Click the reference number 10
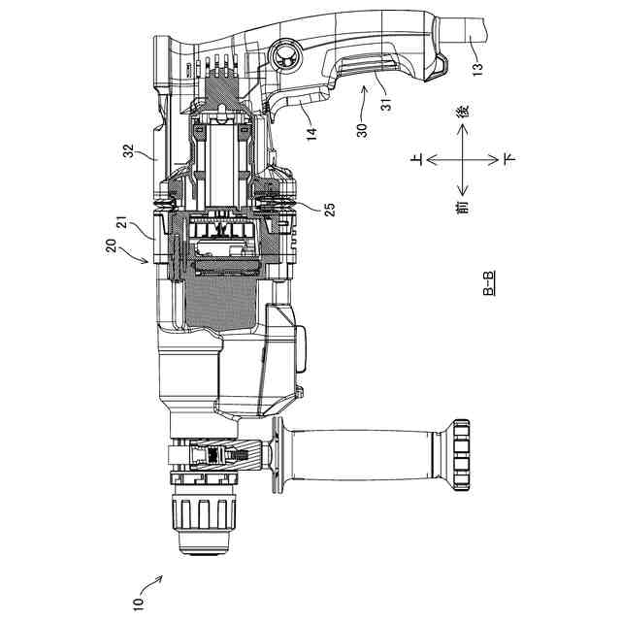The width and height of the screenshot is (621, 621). (x=138, y=605)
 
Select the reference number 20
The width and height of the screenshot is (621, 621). (x=112, y=245)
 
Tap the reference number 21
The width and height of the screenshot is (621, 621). (x=123, y=222)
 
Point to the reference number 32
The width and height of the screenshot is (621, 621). (x=129, y=151)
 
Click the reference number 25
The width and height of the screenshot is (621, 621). (x=330, y=210)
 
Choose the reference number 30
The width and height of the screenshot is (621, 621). (x=362, y=130)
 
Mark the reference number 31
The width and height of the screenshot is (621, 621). (x=386, y=104)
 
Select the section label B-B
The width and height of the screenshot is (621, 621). (x=489, y=283)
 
